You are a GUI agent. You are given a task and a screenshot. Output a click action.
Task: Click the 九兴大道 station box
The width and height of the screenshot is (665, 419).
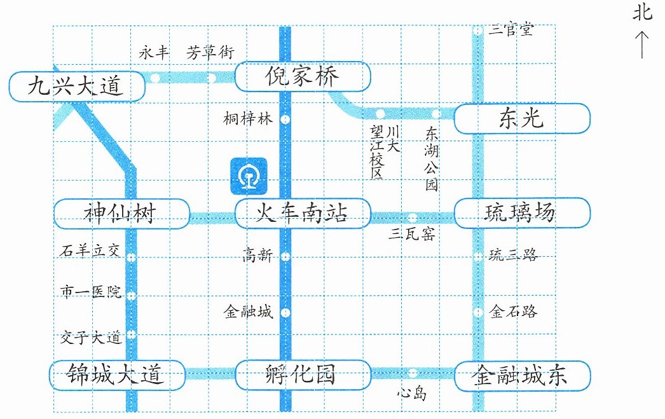coord(77,86)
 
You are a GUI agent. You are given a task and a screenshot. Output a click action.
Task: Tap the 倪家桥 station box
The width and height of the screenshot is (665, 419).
coord(303,76)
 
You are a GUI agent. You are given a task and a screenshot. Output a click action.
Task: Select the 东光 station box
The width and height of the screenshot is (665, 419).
coord(522,118)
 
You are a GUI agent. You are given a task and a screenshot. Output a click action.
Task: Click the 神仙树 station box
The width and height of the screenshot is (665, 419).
coord(121,214)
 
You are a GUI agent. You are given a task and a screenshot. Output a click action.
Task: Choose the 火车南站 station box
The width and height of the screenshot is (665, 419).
coord(303,213)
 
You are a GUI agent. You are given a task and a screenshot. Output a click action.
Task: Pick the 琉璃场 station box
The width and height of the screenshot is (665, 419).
coord(522,212)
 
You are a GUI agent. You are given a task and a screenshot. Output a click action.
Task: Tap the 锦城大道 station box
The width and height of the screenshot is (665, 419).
coord(118,375)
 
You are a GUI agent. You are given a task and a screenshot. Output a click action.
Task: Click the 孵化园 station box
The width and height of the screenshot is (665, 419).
coord(303,375)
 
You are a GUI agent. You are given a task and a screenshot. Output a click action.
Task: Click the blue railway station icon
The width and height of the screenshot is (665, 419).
coord(249,176)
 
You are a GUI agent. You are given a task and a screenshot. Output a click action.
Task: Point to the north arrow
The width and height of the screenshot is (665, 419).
coord(642,45)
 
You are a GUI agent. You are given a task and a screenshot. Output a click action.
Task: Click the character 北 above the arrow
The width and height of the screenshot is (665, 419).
coord(642,11)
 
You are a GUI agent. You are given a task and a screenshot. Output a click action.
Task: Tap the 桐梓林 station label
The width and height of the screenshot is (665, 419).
coord(248,119)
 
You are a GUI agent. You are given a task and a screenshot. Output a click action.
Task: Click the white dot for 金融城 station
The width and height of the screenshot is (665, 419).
coord(285,313)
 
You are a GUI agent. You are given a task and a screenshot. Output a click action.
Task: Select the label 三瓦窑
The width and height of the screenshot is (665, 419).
coord(411,234)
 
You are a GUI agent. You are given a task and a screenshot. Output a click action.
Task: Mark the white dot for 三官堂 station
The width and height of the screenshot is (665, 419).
coord(478,31)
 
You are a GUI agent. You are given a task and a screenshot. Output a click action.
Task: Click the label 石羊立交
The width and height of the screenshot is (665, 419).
coord(90,251)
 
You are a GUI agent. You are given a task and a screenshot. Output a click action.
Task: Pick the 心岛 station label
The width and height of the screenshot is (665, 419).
coord(412,394)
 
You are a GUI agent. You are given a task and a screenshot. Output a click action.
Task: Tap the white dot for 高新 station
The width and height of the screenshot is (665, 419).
coord(285,256)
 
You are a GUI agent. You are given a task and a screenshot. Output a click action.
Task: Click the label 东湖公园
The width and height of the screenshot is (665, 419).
coord(431,158)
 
